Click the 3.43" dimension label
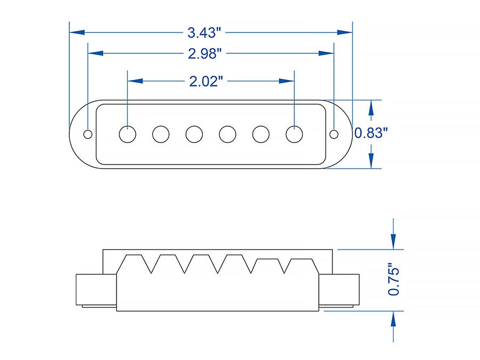204,33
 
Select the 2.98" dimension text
205,53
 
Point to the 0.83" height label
370,133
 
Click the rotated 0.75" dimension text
394,279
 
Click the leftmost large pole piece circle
127,134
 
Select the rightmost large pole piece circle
294,134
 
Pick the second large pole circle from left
161,134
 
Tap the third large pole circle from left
194,134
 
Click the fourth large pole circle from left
227,134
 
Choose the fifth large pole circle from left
261,134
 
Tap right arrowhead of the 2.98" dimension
326,53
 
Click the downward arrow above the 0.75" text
393,238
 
